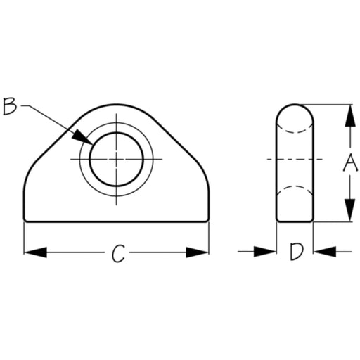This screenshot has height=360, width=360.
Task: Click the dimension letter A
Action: [350, 162]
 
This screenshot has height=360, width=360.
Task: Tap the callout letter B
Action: [10, 107]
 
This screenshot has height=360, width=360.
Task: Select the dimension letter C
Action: [118, 253]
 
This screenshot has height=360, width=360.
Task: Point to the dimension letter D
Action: [297, 252]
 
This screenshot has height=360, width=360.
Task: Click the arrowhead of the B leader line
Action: [82, 137]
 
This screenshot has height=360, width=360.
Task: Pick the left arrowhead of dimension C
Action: [35, 252]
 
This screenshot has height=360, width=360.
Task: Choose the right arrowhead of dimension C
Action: [197, 252]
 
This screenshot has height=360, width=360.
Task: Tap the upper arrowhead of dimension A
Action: [350, 116]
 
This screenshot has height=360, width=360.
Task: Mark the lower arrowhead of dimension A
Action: [350, 210]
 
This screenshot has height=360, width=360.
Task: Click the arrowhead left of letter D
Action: [265, 252]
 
